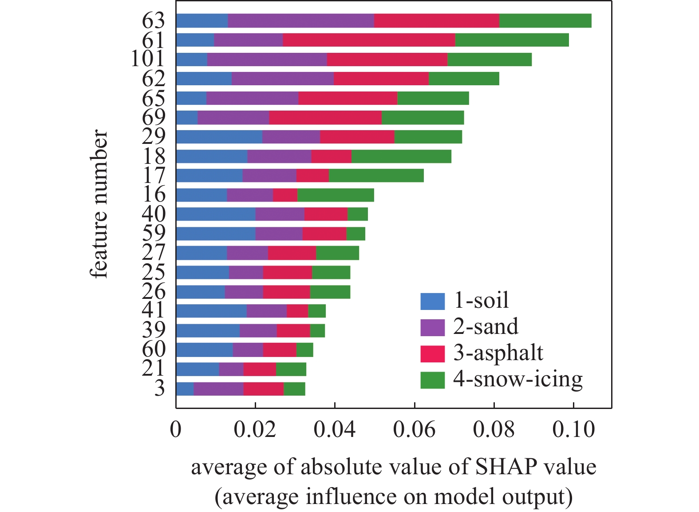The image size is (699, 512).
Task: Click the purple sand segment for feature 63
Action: pos(301,21)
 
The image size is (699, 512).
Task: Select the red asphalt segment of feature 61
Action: pos(369,40)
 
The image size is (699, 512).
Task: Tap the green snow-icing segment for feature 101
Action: pos(490,60)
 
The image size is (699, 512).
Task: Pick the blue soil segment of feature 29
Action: pos(219,137)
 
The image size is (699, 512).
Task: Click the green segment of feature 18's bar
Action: pos(401,156)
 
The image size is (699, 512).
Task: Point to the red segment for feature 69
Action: pos(325,118)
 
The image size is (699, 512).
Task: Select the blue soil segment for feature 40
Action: pos(216,214)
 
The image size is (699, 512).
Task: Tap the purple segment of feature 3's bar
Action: pos(218,389)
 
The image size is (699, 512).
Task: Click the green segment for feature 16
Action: pos(336,195)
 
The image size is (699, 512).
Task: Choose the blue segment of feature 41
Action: pos(211,311)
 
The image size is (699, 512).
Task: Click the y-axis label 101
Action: pos(148,59)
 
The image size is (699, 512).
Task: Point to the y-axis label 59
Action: pos(154,233)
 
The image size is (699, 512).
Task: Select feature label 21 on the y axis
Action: pos(154,369)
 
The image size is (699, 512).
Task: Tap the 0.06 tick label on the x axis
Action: pos(414,430)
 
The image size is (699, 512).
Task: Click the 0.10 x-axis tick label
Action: pos(573,430)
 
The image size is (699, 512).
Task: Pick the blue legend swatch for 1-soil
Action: pos(432,302)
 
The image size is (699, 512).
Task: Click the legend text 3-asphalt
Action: pos(498,353)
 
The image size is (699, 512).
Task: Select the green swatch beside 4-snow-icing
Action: pos(432,380)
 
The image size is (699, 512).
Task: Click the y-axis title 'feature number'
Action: pos(100,204)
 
